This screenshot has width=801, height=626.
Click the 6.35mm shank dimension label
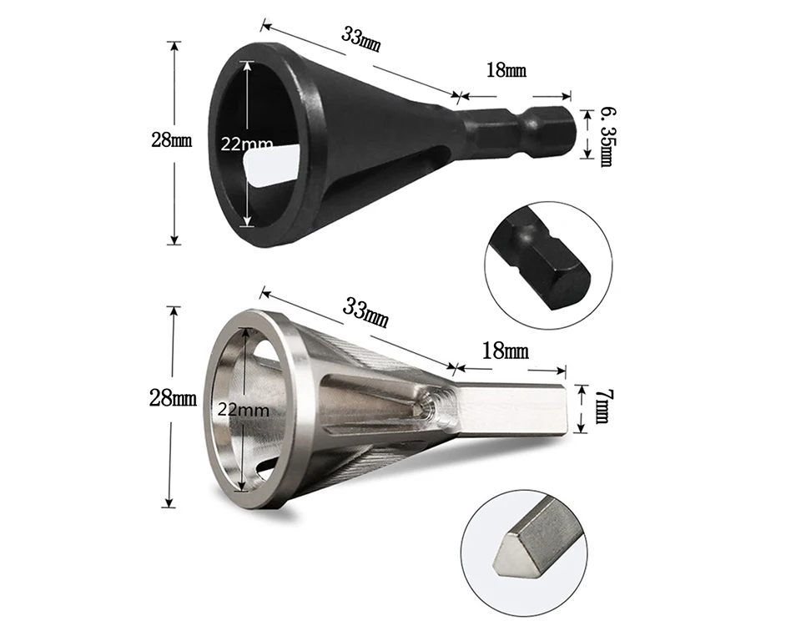pos(606,136)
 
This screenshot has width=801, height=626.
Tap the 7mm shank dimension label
pos(602,406)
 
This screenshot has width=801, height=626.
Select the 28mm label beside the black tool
pos(172,139)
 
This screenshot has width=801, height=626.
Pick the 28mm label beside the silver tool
pos(173,397)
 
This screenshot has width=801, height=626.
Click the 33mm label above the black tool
pos(360,40)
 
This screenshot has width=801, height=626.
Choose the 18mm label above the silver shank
pos(506,351)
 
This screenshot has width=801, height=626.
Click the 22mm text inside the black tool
pos(247,144)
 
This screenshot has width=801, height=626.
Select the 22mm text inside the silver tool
pos(243,410)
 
